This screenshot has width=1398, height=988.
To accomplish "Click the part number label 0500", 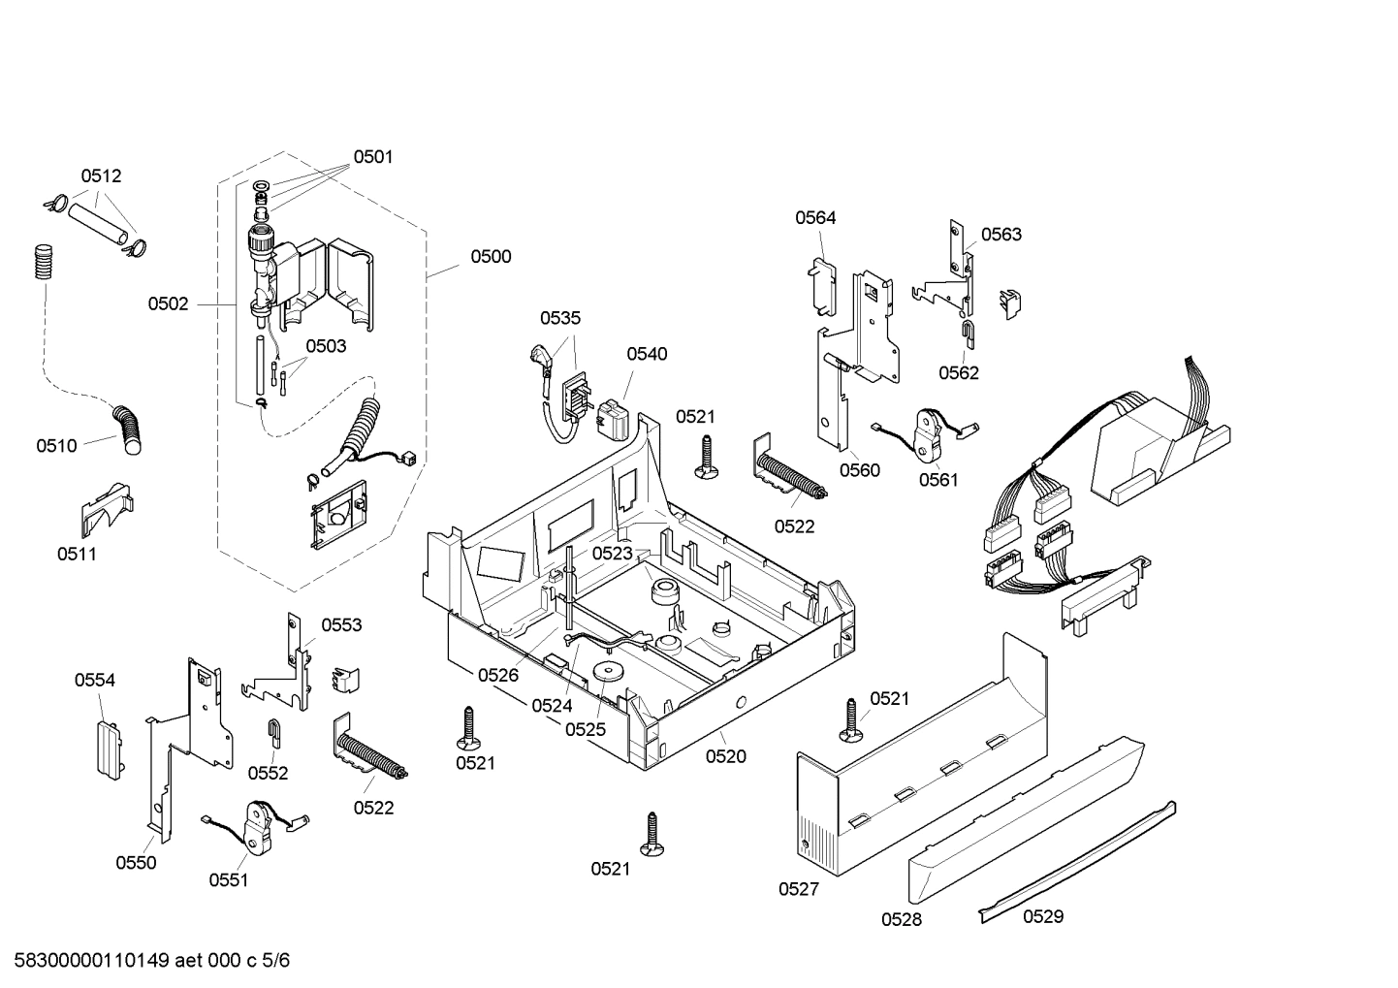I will pos(491,257).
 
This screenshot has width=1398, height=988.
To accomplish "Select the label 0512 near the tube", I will pos(101,176).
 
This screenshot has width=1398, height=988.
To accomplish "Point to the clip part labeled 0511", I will pos(105,508).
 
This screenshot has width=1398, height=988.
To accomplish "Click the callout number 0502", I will pos(168,304).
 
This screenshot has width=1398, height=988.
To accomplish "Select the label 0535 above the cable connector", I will pos(560,318).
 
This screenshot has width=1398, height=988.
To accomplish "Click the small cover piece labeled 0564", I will pos(820,287).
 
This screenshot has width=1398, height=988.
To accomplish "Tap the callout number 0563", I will pos(1001,235).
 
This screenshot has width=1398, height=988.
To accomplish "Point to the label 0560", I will pos(859,471).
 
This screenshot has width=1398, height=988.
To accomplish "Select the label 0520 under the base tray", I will pos(725,756).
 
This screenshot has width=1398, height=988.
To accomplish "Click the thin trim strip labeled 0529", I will pos(1076,859).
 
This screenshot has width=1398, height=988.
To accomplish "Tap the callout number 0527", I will pos(798,889).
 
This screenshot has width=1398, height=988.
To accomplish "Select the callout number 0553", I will pos(341,625).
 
